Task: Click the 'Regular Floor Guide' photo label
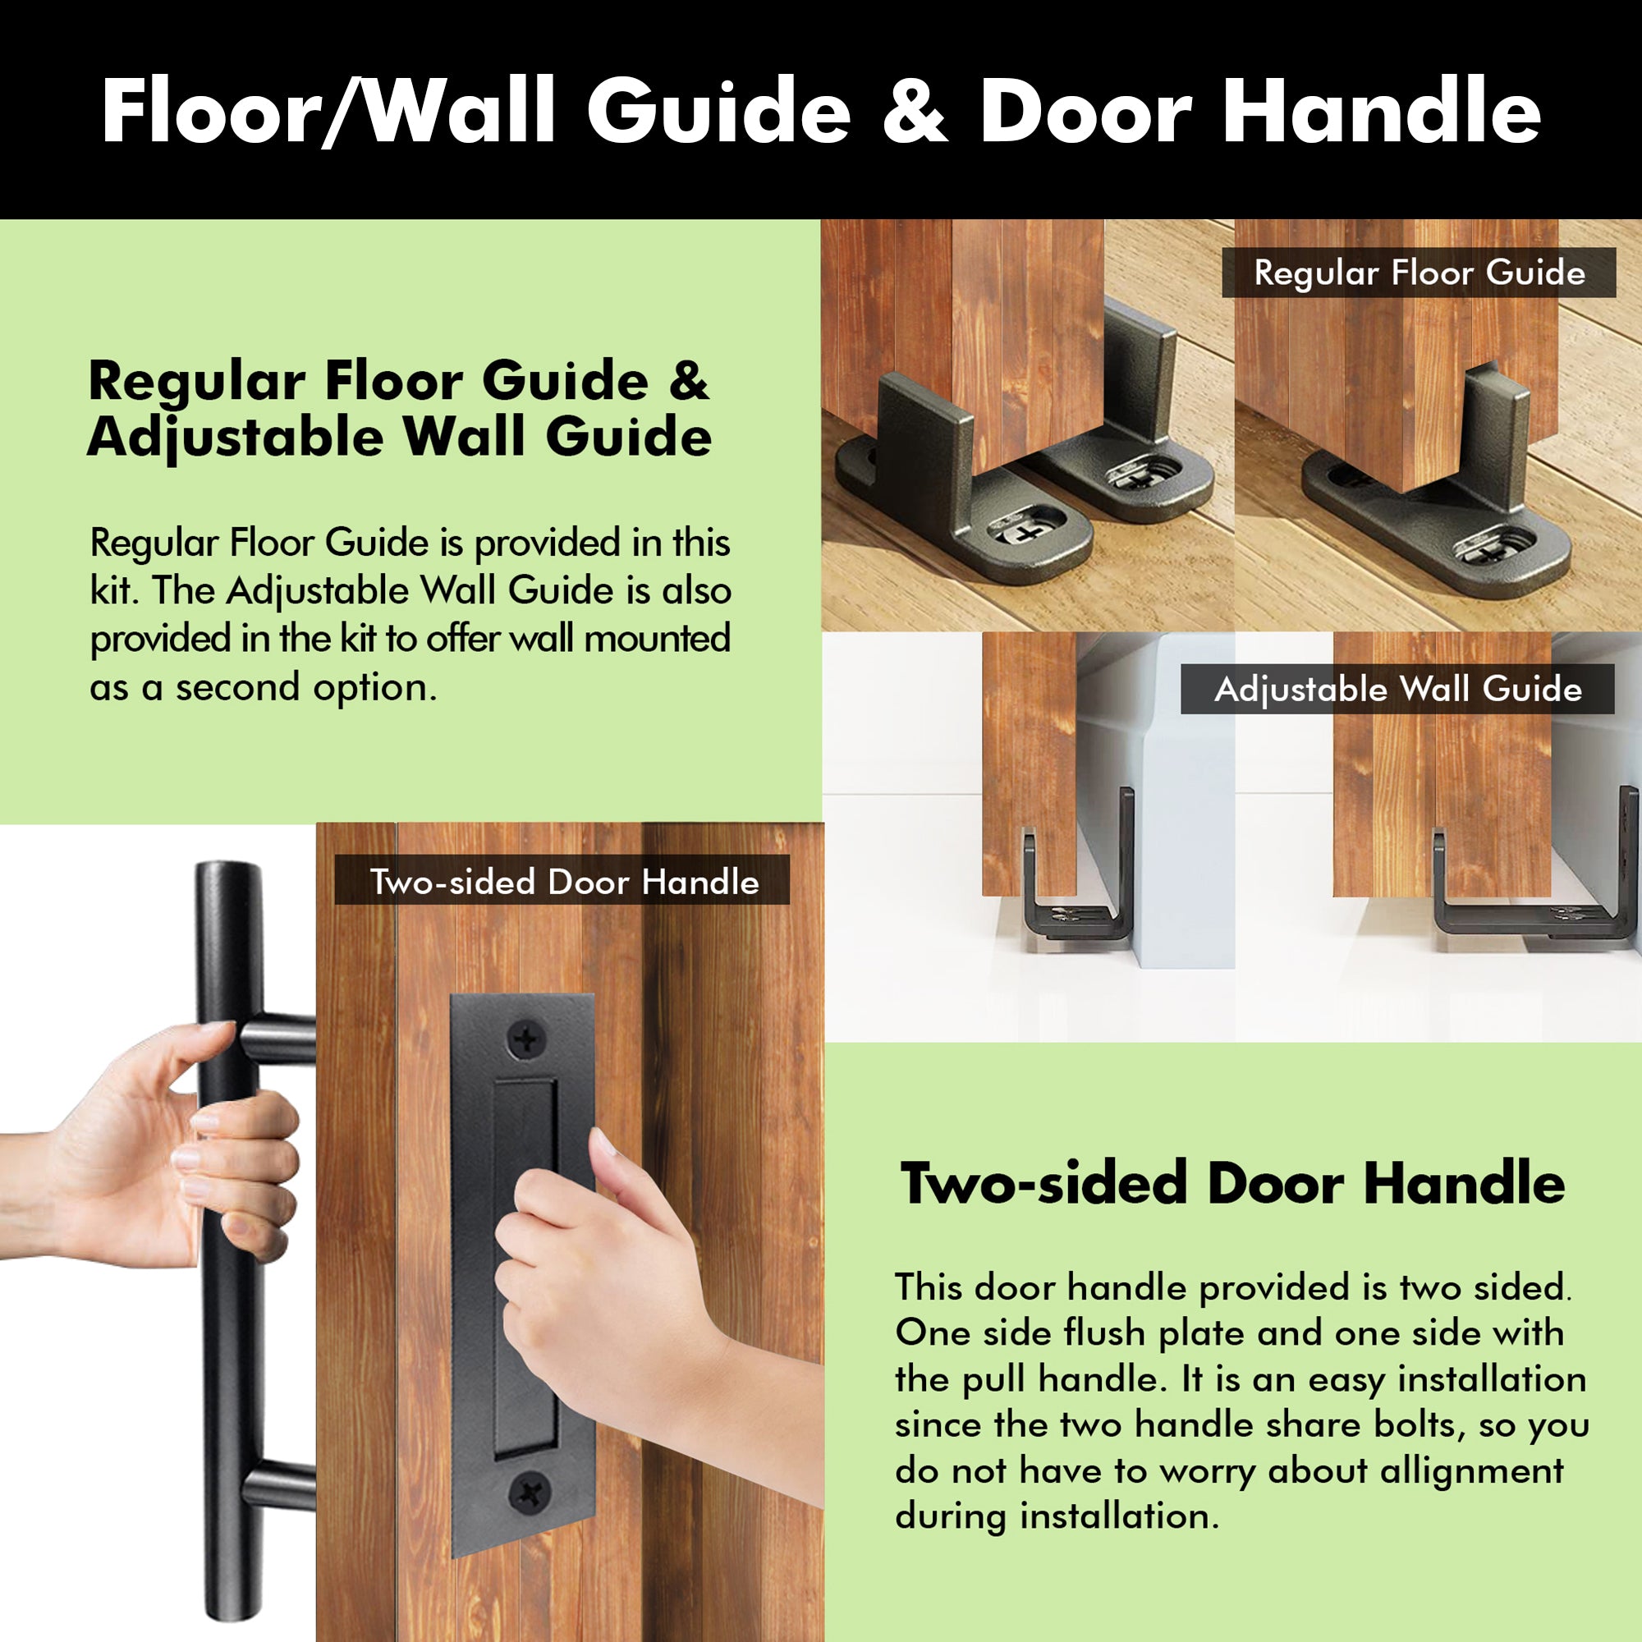(x=1419, y=273)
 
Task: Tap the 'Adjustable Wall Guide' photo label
(x=1397, y=689)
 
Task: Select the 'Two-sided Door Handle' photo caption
(x=562, y=883)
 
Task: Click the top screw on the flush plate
(x=527, y=1039)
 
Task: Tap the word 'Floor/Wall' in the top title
(x=328, y=112)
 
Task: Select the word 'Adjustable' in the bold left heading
(x=236, y=438)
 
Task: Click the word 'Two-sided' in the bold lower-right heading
(x=1043, y=1183)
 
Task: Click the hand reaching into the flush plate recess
(x=595, y=1275)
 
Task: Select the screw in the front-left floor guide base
(x=1025, y=533)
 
